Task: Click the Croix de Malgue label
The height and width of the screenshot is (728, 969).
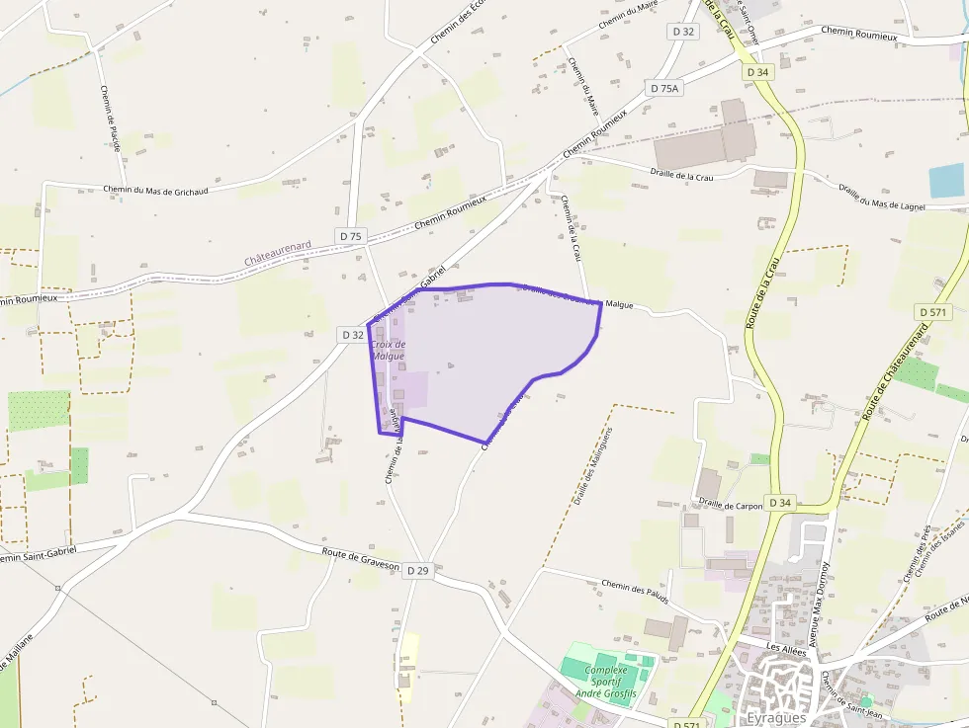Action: (388, 350)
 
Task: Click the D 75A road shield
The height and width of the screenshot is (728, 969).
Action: (665, 88)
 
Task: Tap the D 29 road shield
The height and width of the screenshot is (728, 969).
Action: (417, 570)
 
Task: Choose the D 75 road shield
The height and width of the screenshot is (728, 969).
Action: (351, 236)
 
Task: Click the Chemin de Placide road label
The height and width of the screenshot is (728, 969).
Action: (110, 118)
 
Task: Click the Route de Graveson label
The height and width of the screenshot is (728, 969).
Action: (361, 558)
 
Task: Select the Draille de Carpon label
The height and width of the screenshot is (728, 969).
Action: (731, 503)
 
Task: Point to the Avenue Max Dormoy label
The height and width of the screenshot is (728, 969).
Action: (820, 603)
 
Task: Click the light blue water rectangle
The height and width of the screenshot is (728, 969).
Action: (947, 181)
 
